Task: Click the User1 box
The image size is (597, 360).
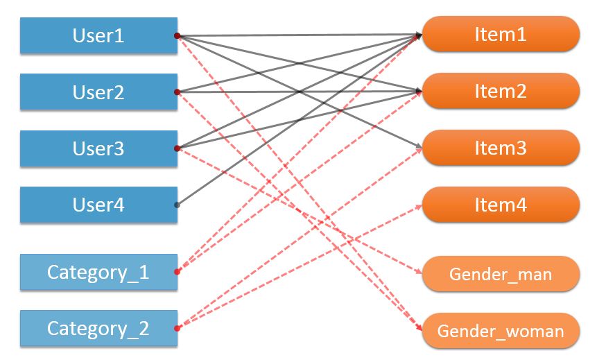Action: (x=98, y=35)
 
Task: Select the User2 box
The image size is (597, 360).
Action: (x=98, y=92)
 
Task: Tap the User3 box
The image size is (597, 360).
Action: (x=98, y=148)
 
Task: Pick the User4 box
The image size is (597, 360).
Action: (x=98, y=205)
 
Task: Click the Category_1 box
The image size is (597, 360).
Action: (x=98, y=272)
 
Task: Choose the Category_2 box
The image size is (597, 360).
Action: (x=98, y=328)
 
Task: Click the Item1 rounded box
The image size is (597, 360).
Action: (x=500, y=34)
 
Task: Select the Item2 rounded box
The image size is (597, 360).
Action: (x=500, y=91)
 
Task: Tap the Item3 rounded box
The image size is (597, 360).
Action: (x=500, y=148)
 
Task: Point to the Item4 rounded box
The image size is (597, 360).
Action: (x=500, y=205)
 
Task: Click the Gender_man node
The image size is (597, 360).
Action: (x=500, y=274)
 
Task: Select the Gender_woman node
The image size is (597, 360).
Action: (x=500, y=331)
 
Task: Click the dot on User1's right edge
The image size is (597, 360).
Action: (x=178, y=35)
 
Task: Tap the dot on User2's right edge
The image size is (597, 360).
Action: (x=178, y=92)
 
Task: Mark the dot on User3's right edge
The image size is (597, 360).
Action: (x=178, y=148)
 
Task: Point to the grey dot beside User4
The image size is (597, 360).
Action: (x=178, y=205)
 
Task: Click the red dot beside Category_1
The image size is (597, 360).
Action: (x=178, y=272)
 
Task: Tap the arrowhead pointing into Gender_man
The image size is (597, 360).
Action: (x=419, y=273)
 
